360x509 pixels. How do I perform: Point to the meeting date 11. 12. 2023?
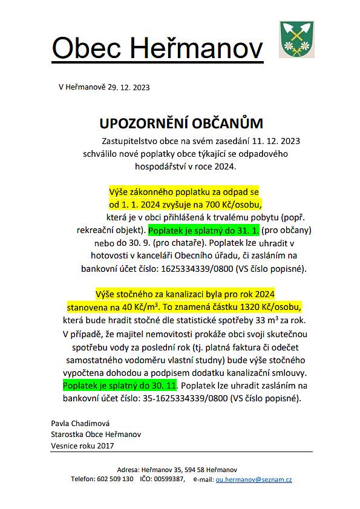[x=275, y=141]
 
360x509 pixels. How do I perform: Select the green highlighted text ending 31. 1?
[x=205, y=231]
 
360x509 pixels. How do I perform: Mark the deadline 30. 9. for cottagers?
[x=137, y=243]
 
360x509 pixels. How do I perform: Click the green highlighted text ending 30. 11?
[x=119, y=386]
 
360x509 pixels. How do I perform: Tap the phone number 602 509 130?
[x=115, y=479]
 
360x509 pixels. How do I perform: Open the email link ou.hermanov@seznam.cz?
[x=254, y=479]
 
